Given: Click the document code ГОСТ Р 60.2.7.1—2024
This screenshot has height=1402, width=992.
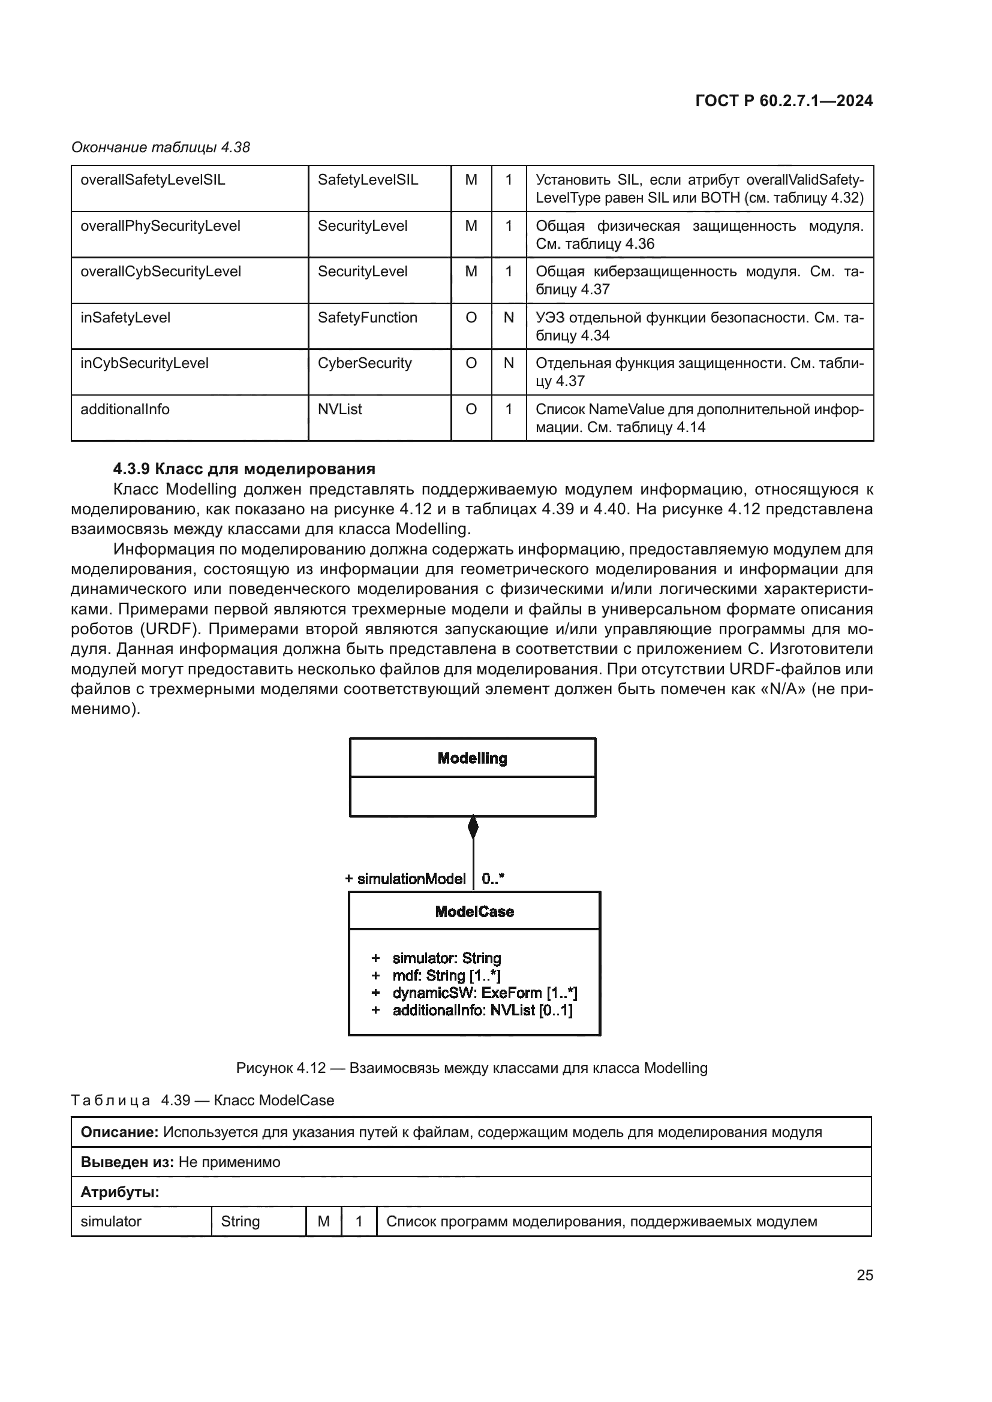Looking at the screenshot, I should (x=784, y=101).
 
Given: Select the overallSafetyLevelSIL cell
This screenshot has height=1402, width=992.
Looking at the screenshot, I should (x=153, y=180).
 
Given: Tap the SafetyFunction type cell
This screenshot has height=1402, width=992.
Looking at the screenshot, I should (x=367, y=318).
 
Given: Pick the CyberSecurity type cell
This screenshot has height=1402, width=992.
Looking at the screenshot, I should (x=364, y=363).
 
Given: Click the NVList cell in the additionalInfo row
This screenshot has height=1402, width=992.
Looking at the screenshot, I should (x=339, y=409).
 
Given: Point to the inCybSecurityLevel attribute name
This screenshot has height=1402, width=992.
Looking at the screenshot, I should (x=144, y=363).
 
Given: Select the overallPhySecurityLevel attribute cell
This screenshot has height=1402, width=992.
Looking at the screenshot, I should (x=160, y=226).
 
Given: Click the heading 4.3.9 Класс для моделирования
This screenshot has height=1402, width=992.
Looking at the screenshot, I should (x=244, y=469).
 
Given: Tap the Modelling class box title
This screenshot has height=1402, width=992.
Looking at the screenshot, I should (x=472, y=758).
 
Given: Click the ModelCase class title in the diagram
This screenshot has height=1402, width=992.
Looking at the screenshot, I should (x=474, y=912).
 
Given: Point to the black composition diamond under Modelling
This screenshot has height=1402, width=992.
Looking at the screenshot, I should (x=473, y=827).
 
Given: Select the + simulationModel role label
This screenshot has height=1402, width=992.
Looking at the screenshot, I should (x=405, y=879).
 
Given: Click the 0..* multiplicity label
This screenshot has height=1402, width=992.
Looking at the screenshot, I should (x=492, y=879).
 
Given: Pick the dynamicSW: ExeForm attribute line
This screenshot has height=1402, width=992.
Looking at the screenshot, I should (x=485, y=993).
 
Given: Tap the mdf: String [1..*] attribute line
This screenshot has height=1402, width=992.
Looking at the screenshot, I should (x=446, y=976).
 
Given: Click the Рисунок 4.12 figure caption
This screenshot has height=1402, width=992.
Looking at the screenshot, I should (x=471, y=1068).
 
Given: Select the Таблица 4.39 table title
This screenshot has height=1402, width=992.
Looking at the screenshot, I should (x=203, y=1101).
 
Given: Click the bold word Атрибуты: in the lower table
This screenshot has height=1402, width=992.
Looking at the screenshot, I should (x=120, y=1192).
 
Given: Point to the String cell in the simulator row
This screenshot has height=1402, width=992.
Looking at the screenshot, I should (x=240, y=1221).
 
